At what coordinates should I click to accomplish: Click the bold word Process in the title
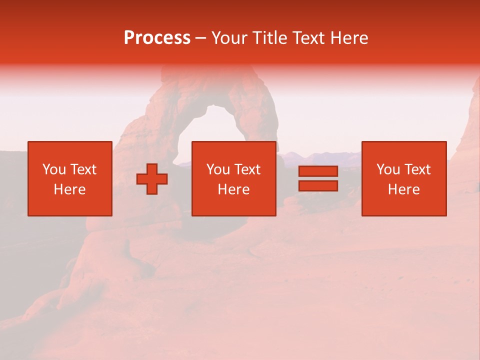point(157,38)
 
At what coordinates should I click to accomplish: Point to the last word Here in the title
point(349,38)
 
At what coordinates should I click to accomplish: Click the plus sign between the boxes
point(152,179)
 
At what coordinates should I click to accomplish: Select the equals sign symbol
point(318,178)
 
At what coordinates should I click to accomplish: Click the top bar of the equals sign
point(318,171)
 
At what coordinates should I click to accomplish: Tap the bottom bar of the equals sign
point(318,185)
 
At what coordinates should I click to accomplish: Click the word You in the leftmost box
point(54,169)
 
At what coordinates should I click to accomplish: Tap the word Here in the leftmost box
point(70,189)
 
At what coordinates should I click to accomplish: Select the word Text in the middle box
point(247,169)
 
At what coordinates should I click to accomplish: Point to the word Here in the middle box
point(234,189)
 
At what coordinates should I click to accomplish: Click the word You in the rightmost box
point(388,169)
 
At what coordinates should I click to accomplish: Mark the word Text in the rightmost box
point(417,169)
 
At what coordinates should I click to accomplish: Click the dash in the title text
point(200,38)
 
